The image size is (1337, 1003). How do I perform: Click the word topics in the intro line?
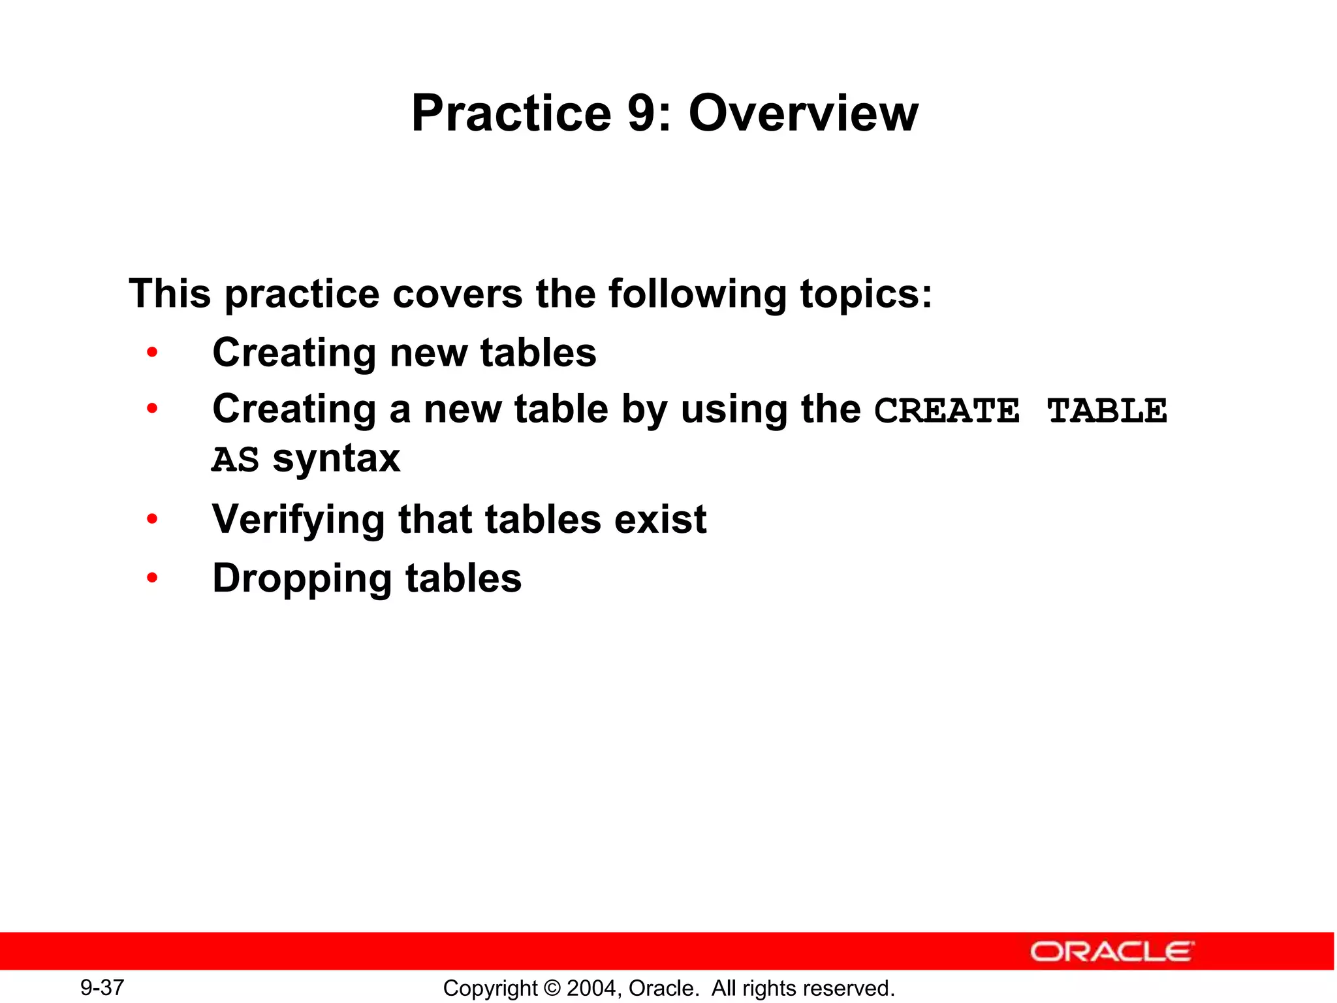coord(865,295)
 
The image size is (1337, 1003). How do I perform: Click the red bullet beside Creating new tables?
coord(152,353)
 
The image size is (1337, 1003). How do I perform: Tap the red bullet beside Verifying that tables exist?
coord(152,520)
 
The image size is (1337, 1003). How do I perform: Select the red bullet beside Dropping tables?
coord(152,578)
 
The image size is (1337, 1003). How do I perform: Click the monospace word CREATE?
coord(947,411)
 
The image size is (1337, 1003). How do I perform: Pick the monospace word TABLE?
coord(1107,411)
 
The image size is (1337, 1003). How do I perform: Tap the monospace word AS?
coord(235,460)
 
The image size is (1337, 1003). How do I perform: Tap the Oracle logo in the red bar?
coord(1112,951)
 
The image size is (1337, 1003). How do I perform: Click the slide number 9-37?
coord(102,987)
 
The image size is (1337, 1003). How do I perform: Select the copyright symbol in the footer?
coord(552,989)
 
